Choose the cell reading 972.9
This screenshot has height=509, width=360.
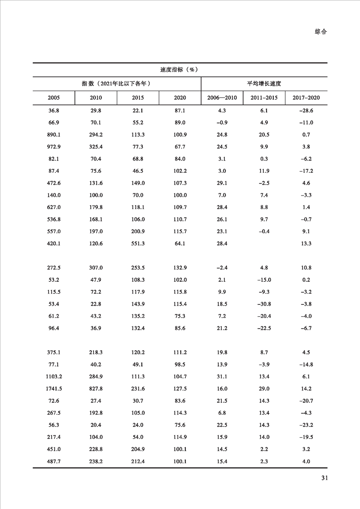54,147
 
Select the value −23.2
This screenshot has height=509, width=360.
306,425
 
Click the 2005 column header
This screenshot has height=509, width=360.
54,98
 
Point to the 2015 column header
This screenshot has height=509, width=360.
138,98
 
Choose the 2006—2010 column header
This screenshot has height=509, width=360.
222,98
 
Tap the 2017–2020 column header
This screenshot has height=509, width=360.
306,98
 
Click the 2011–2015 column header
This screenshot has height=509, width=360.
264,98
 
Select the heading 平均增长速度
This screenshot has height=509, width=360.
264,84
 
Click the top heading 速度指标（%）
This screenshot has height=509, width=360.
180,70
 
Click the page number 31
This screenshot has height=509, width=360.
324,478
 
